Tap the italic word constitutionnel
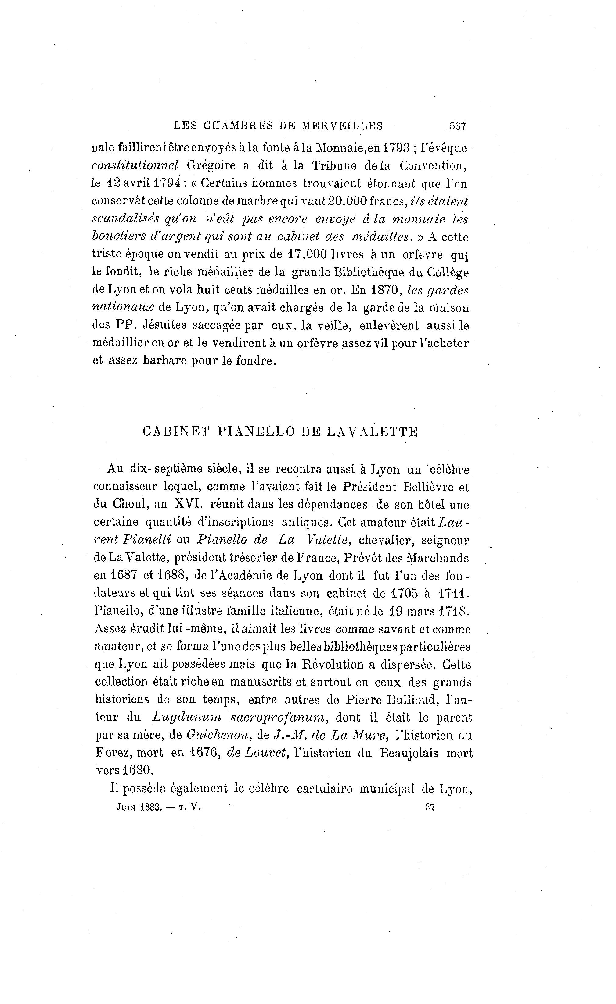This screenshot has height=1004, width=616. [x=135, y=166]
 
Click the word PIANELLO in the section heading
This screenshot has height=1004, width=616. [x=255, y=432]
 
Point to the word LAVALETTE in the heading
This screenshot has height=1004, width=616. [x=373, y=432]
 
